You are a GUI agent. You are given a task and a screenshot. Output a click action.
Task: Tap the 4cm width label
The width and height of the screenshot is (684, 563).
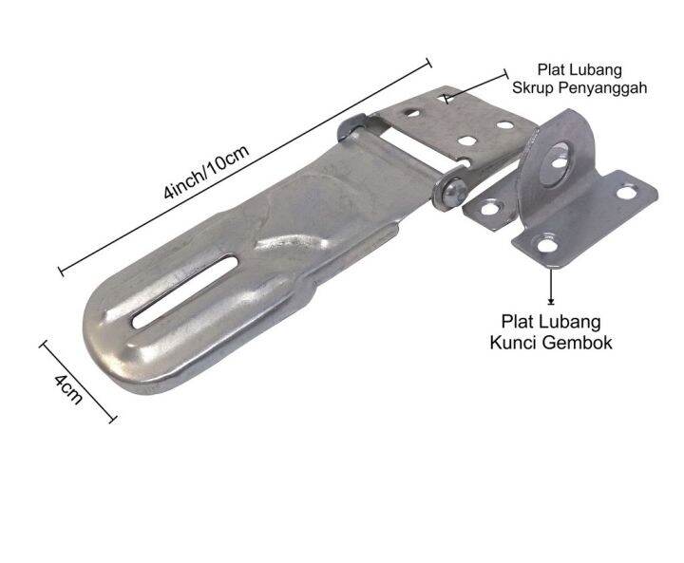(66, 388)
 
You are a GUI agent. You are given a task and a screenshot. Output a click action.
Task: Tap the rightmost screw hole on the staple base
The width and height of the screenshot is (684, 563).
(626, 194)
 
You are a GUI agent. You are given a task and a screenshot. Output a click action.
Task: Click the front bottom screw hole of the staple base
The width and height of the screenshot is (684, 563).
(546, 246)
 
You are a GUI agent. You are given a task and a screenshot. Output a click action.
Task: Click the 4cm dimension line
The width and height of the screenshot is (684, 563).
(78, 381)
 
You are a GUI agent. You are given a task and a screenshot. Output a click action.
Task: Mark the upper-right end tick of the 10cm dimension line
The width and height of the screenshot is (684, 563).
(428, 64)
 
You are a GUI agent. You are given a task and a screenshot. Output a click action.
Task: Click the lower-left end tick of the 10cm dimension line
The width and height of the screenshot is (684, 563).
(63, 272)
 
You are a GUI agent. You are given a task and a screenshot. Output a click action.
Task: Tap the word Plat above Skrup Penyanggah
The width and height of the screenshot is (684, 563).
(553, 69)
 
